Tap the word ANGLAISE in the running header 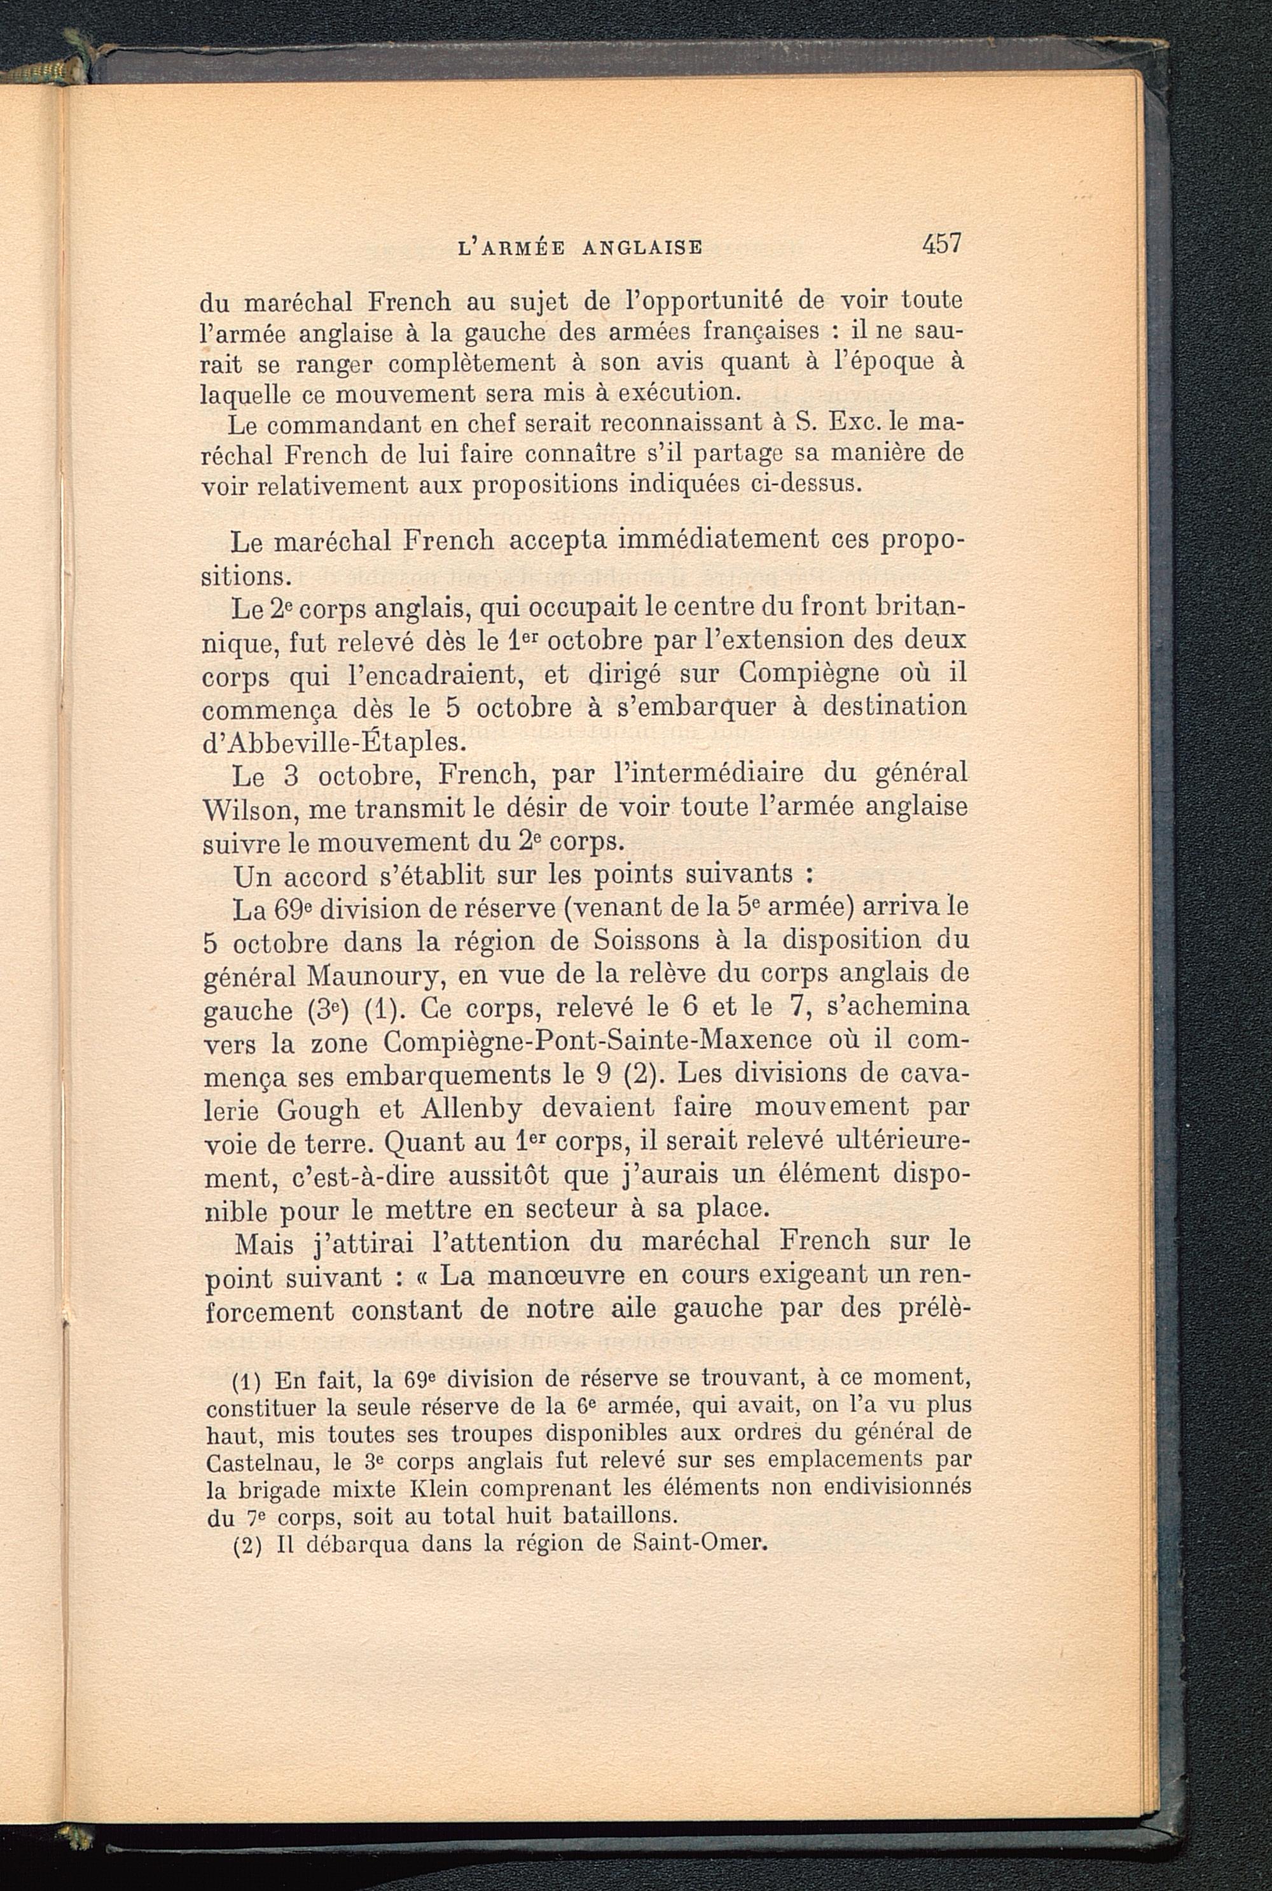(x=642, y=247)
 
